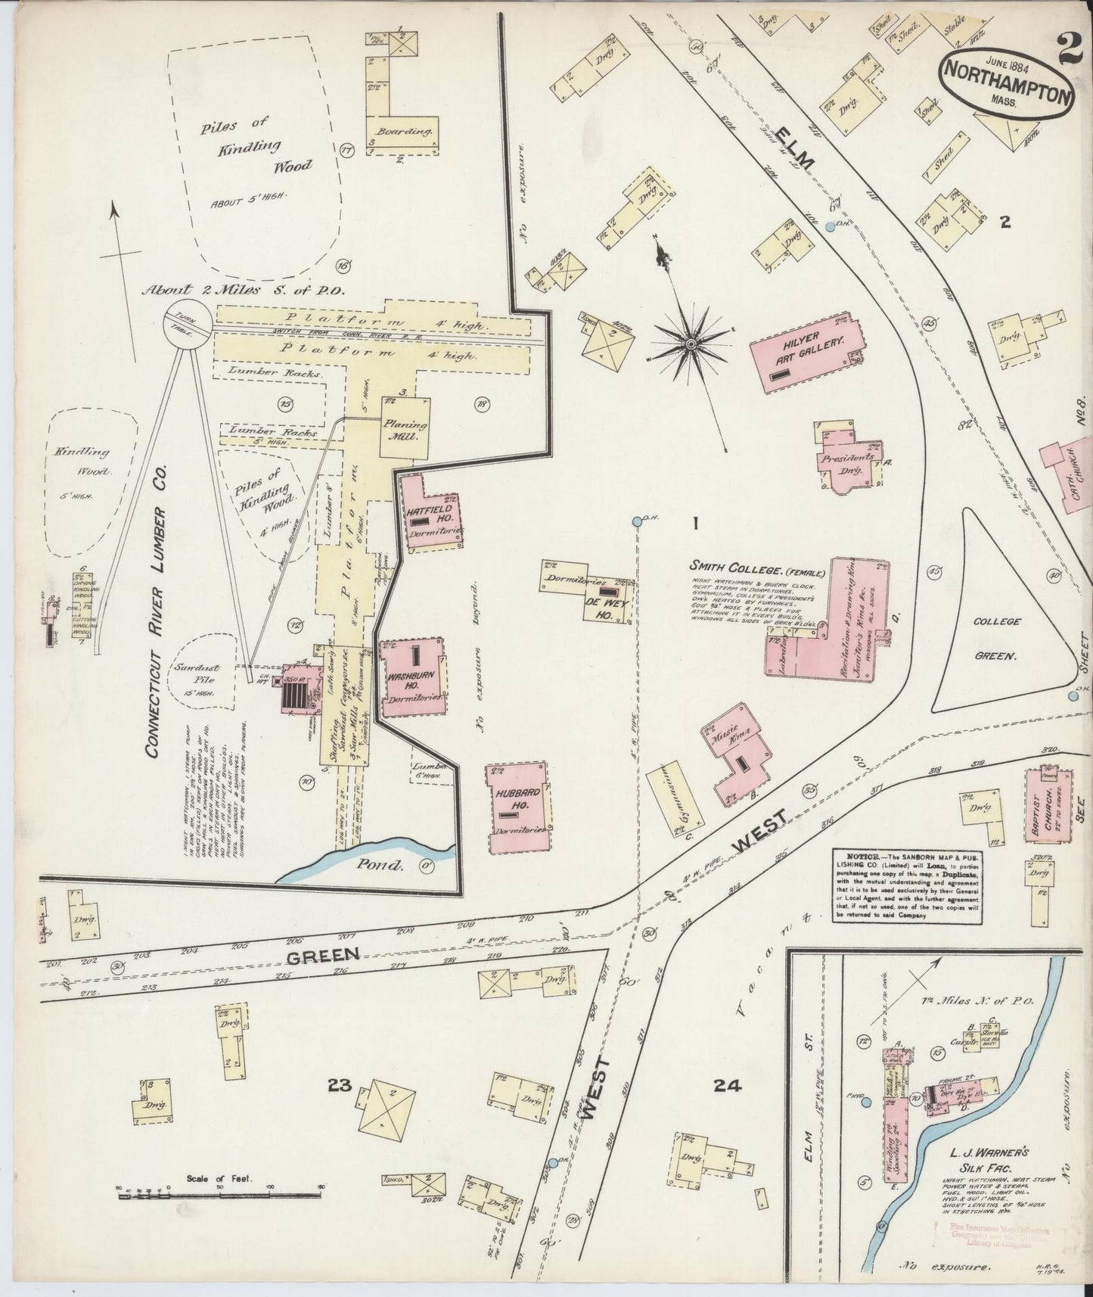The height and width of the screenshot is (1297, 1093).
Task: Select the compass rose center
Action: (690, 345)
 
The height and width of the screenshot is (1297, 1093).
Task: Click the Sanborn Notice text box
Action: (908, 883)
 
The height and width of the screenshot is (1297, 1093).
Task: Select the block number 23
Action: (340, 1085)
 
